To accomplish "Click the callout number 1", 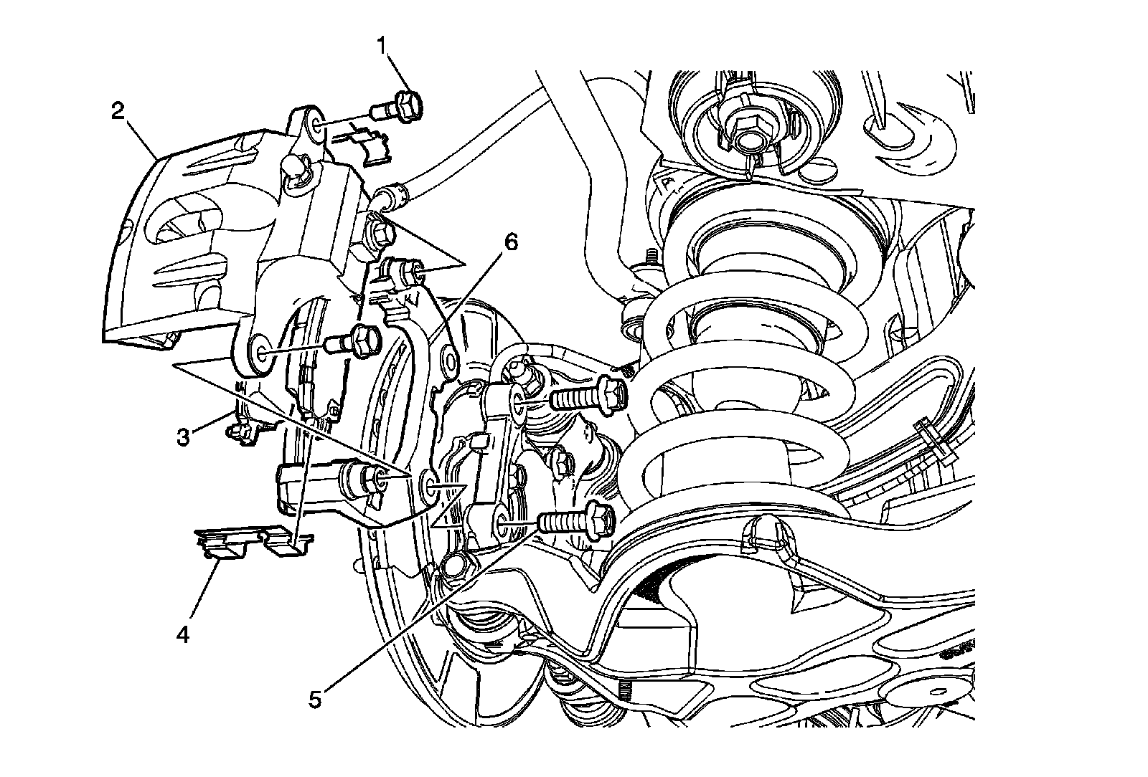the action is point(382,46).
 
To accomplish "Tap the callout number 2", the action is point(118,110).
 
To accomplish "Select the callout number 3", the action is point(183,437).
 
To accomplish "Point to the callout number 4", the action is point(183,635).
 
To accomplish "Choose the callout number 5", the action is point(315,700).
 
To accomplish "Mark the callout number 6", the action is point(511,242).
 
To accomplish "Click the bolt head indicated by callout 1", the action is point(408,106).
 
